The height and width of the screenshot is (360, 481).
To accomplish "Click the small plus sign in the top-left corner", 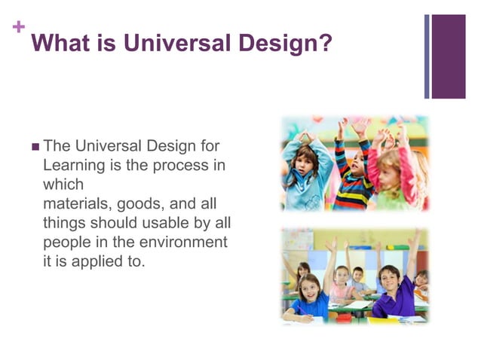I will [x=18, y=29].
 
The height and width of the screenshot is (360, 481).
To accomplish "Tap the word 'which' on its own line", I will [x=63, y=184].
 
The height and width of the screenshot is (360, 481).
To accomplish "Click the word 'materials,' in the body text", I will [x=78, y=203].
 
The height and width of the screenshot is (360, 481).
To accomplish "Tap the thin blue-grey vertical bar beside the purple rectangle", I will [x=427, y=56].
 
